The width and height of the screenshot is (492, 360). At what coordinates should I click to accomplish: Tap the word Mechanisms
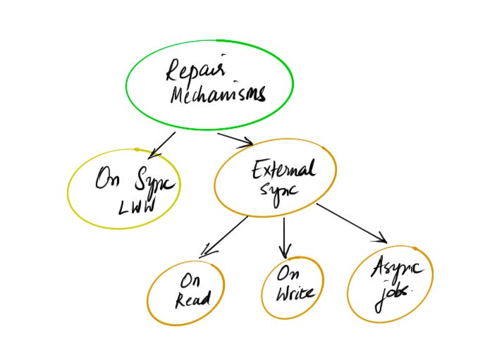point(218,94)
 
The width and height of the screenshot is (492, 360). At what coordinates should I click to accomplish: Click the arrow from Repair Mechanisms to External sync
point(235,138)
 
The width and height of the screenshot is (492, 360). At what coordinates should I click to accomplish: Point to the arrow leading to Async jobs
point(351,223)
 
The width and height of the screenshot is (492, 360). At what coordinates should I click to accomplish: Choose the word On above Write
point(285,273)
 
